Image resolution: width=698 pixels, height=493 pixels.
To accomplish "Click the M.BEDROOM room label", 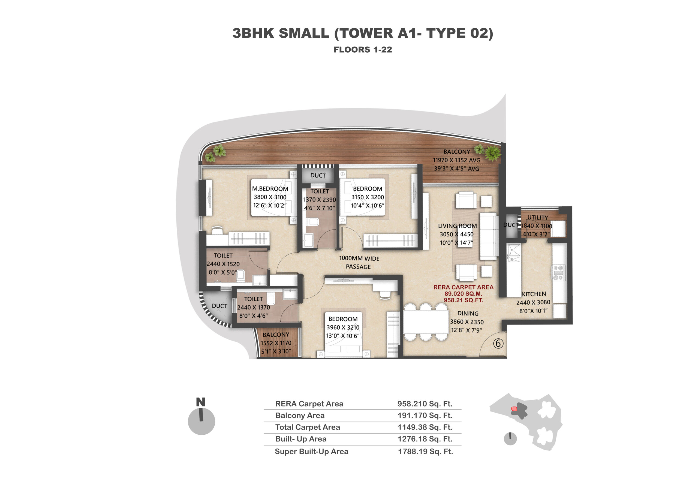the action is (x=270, y=189).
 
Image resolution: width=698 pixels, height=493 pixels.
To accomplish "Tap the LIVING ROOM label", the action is (x=457, y=226).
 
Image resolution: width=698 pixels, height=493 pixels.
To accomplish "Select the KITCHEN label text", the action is (x=534, y=294).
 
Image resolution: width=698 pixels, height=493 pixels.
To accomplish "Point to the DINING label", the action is (x=468, y=313).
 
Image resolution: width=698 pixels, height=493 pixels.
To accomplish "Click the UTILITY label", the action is (x=537, y=218).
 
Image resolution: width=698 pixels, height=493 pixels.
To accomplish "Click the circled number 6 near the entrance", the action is (x=498, y=344).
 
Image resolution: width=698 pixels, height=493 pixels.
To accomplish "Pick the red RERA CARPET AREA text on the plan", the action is (x=463, y=287).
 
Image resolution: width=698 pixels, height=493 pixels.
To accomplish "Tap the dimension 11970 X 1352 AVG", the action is (x=457, y=160).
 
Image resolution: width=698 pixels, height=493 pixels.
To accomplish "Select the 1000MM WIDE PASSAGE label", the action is (x=359, y=263).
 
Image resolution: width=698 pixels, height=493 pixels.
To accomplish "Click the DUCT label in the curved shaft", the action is (x=219, y=306).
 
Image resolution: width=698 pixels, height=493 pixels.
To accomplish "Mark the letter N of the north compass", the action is (x=201, y=402).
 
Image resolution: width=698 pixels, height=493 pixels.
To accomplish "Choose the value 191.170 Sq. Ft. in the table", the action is (x=425, y=416).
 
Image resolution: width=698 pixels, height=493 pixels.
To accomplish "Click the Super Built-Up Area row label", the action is (x=312, y=452).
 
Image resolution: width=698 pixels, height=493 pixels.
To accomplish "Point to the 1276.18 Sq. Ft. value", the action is (x=425, y=439).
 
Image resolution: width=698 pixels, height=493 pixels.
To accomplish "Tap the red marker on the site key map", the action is (x=514, y=409).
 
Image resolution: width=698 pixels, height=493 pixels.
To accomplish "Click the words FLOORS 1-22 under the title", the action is (x=363, y=50).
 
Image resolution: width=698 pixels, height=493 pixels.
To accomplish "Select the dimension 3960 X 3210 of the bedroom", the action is (x=343, y=327).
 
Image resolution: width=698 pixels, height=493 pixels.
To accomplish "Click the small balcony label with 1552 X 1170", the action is (x=276, y=343).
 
